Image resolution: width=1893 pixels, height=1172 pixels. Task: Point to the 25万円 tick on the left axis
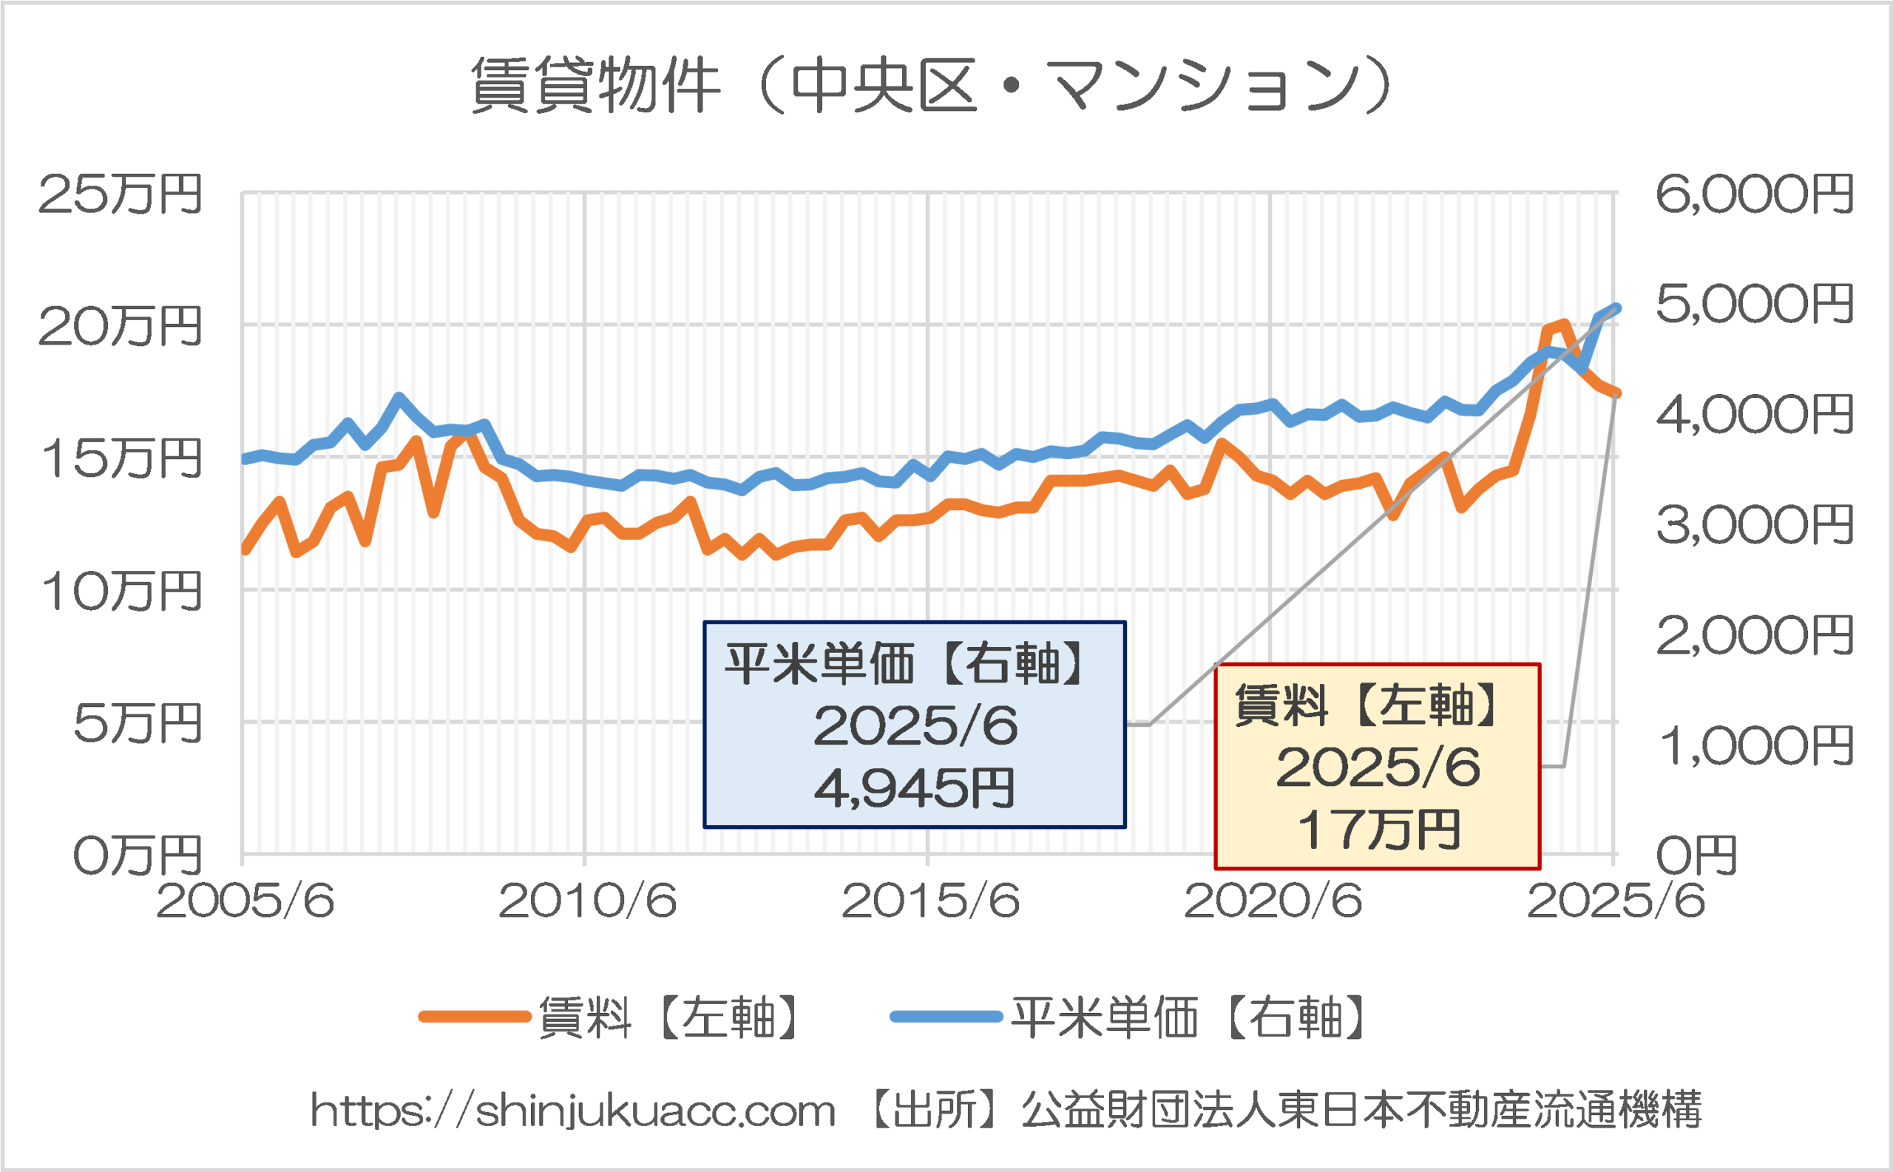120,194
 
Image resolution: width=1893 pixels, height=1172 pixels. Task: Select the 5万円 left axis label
138,724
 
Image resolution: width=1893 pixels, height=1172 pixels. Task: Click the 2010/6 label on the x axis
587,901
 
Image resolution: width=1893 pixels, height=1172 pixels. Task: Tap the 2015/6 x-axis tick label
930,901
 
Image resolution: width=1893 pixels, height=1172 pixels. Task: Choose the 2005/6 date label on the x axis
245,901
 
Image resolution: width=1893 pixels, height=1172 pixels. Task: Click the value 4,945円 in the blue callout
914,788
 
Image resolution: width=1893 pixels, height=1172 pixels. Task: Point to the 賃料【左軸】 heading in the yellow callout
1368,705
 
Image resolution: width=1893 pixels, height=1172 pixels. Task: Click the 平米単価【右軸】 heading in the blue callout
907,664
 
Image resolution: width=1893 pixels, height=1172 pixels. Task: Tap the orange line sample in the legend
475,1017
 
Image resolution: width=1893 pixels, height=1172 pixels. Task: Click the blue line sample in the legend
946,1017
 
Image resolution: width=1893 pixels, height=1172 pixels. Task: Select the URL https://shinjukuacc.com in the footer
573,1111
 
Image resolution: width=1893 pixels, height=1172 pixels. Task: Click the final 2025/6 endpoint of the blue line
1616,308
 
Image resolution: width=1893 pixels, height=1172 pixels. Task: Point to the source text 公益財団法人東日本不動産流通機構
1361,1110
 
